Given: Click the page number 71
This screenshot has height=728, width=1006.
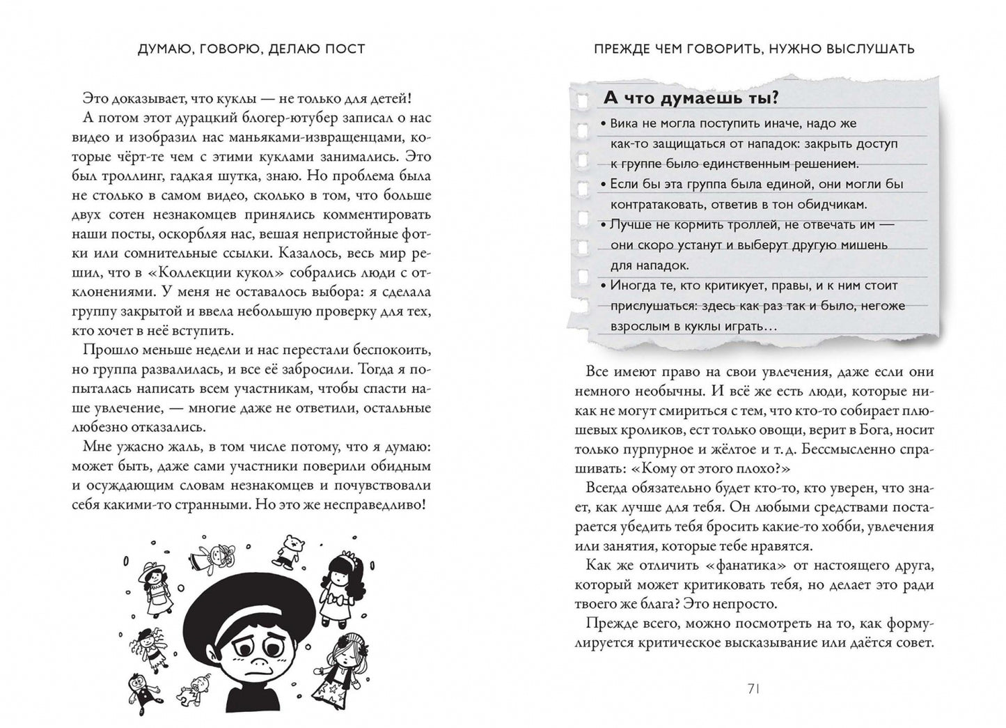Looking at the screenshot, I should point(753,688).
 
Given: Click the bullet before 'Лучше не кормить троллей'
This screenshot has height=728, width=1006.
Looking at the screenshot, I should point(604,226).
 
